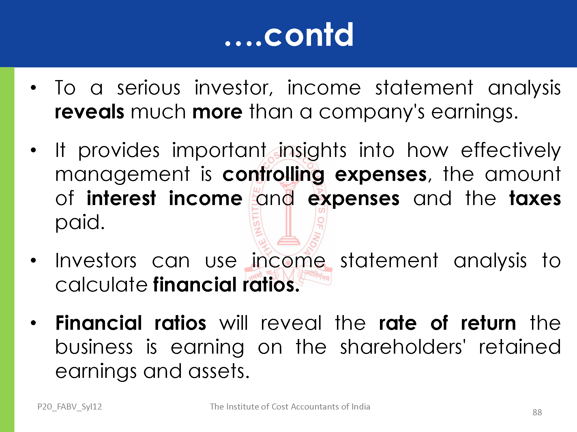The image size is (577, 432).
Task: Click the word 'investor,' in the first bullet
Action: point(234,88)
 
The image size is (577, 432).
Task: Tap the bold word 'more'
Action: point(218,112)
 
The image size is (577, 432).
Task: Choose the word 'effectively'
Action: point(511,150)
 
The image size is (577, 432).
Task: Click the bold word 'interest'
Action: point(121,198)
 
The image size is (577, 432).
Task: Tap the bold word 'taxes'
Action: point(535,198)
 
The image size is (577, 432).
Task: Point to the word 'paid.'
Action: point(80,223)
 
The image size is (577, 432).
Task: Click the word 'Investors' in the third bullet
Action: point(96,261)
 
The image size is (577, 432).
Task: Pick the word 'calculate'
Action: point(102,285)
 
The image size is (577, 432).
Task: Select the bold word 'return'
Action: point(488,323)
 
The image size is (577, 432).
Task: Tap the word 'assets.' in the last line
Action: point(219,371)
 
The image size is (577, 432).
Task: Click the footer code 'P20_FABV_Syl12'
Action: point(70,407)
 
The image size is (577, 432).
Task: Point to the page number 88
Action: point(537,412)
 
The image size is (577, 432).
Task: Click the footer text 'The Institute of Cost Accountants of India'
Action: point(290,407)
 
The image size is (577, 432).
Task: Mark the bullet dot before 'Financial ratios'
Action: point(33,323)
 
